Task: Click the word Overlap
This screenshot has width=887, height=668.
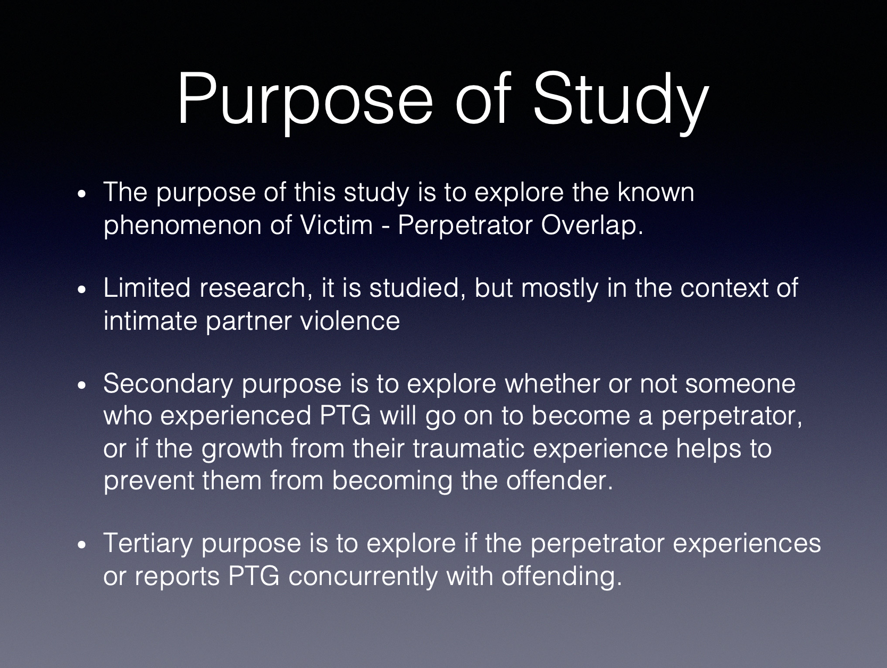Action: [592, 226]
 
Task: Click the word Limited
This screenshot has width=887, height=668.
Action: [147, 288]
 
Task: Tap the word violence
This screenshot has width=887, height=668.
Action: [350, 321]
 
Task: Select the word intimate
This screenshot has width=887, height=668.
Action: [150, 321]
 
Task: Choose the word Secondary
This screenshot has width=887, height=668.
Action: [168, 385]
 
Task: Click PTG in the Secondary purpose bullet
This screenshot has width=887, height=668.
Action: [345, 416]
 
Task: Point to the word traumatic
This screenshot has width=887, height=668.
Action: [468, 448]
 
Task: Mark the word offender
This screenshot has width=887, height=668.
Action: [559, 481]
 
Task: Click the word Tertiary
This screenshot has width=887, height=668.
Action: [148, 545]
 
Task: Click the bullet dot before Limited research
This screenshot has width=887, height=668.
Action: [82, 290]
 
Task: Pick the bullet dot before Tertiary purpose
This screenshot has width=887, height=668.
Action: [82, 546]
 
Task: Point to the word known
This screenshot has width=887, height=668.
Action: [656, 192]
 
